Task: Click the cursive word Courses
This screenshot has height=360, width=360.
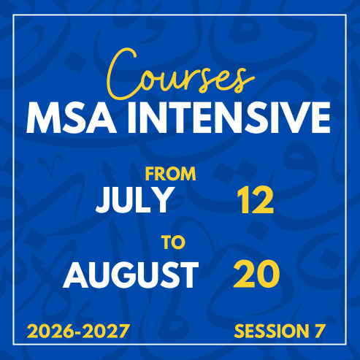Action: pyautogui.click(x=180, y=74)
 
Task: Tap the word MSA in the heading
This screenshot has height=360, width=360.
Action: pyautogui.click(x=72, y=118)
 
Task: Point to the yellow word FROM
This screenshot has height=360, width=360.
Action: pyautogui.click(x=171, y=174)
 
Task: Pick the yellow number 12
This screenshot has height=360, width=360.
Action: pyautogui.click(x=256, y=200)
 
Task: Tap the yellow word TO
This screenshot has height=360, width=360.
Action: pyautogui.click(x=174, y=242)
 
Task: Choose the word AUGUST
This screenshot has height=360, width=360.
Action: pyautogui.click(x=131, y=275)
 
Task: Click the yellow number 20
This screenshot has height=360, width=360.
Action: pyautogui.click(x=256, y=275)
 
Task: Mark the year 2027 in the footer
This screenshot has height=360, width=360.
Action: pyautogui.click(x=106, y=331)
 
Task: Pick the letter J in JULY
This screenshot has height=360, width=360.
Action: pyautogui.click(x=103, y=200)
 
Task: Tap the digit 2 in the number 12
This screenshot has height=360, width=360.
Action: pyautogui.click(x=262, y=200)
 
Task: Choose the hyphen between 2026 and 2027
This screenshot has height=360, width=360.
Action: pyautogui.click(x=78, y=332)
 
